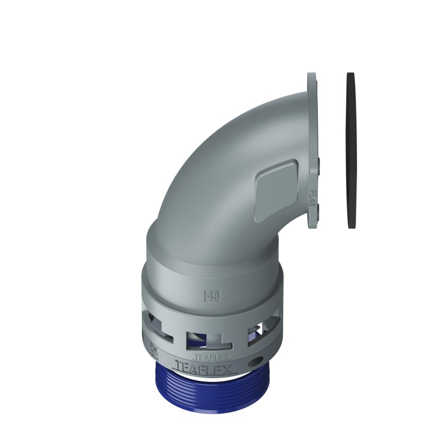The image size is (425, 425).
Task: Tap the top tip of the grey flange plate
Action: (311, 75)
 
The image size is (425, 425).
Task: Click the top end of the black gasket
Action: (351, 74)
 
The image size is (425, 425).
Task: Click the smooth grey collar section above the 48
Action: (212, 266)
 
